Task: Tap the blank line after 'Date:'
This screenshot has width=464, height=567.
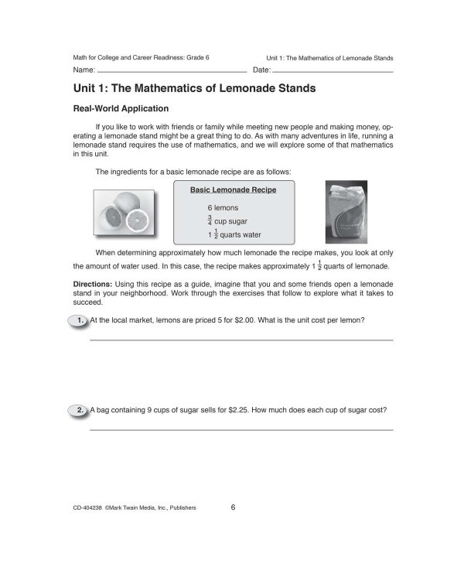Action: (333, 71)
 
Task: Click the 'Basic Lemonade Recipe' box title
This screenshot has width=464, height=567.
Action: (233, 190)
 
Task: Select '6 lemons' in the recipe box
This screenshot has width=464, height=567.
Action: (223, 208)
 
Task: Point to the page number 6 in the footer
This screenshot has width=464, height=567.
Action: (233, 507)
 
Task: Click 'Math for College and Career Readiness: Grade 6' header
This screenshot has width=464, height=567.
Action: (141, 58)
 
